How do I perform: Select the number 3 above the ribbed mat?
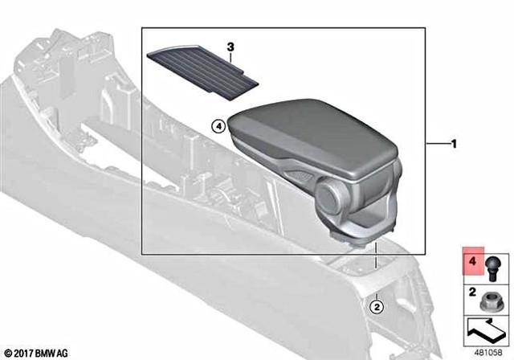click(230, 47)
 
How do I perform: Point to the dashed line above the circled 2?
click(377, 277)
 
